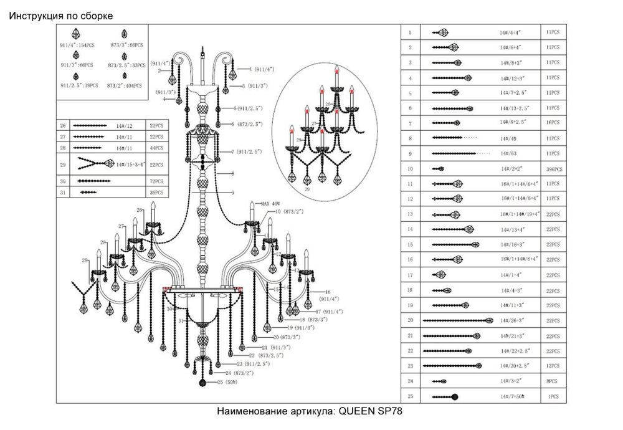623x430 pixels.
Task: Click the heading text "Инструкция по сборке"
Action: coord(61,15)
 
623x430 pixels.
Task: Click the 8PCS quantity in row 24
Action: coord(552,380)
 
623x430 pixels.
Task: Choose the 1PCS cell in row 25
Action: coord(552,396)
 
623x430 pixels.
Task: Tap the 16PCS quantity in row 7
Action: coord(552,123)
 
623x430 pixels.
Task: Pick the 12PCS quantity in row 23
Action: coord(552,366)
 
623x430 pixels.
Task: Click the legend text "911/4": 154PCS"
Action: coord(77,45)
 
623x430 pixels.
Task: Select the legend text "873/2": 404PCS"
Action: coord(125,85)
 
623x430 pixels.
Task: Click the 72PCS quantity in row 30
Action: coord(156,181)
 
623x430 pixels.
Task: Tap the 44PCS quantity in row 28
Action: coord(156,148)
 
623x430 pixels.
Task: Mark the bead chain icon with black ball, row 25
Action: coord(446,396)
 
